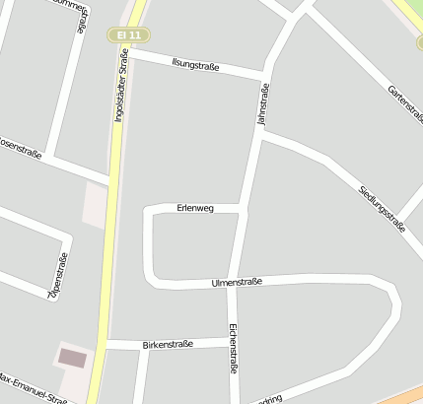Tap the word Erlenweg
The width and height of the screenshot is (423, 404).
pyautogui.click(x=194, y=208)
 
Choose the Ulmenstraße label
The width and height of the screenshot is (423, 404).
pyautogui.click(x=237, y=283)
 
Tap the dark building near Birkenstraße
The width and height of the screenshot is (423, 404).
pyautogui.click(x=73, y=358)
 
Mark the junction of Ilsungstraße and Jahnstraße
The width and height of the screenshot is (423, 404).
pyautogui.click(x=264, y=76)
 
